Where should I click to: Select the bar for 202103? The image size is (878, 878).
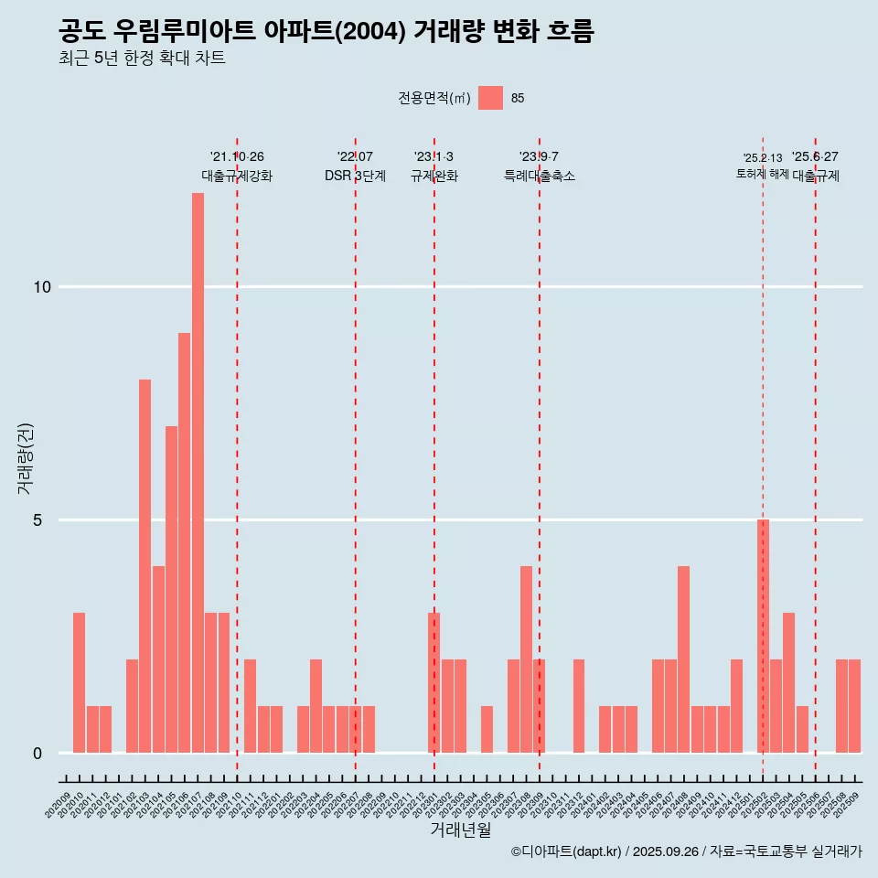(145, 566)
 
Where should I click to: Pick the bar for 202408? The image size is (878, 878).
(683, 659)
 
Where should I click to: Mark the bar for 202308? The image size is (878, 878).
(526, 659)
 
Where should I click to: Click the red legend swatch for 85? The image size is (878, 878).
(490, 98)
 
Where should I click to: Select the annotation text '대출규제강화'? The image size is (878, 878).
(237, 176)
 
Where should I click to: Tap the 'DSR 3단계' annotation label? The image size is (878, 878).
(355, 176)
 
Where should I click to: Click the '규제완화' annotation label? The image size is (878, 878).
(434, 176)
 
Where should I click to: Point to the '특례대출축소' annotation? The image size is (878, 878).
(540, 176)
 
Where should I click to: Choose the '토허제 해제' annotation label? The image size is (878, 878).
(762, 174)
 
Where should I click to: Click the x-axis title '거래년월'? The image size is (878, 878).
(460, 830)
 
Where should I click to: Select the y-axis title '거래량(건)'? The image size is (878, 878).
(26, 459)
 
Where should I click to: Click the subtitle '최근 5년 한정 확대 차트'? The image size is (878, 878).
(142, 59)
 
